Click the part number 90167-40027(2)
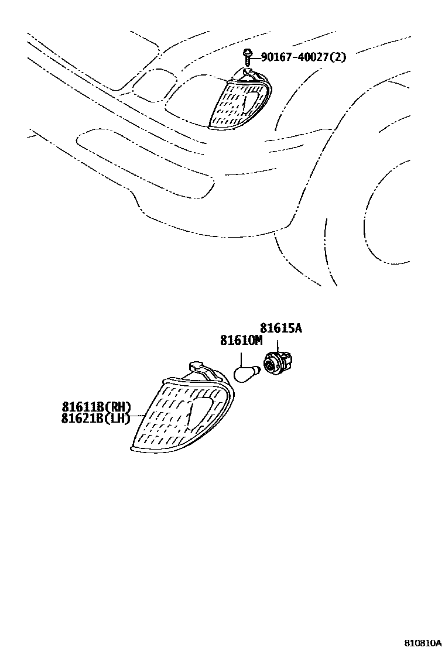coord(303,57)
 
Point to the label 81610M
coord(241,340)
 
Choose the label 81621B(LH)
coord(95,419)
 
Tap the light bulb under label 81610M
coord(247,373)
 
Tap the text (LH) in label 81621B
coord(119,419)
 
